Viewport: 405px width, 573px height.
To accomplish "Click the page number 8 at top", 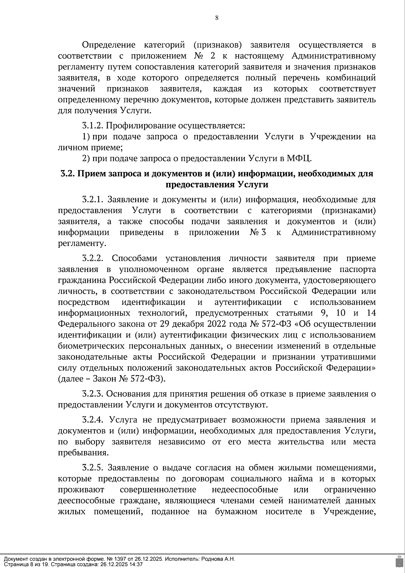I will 217,18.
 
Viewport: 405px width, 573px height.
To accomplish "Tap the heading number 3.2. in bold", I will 68,174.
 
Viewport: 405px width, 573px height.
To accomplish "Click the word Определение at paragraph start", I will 109,45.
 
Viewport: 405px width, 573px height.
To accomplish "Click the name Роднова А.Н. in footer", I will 218,559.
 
